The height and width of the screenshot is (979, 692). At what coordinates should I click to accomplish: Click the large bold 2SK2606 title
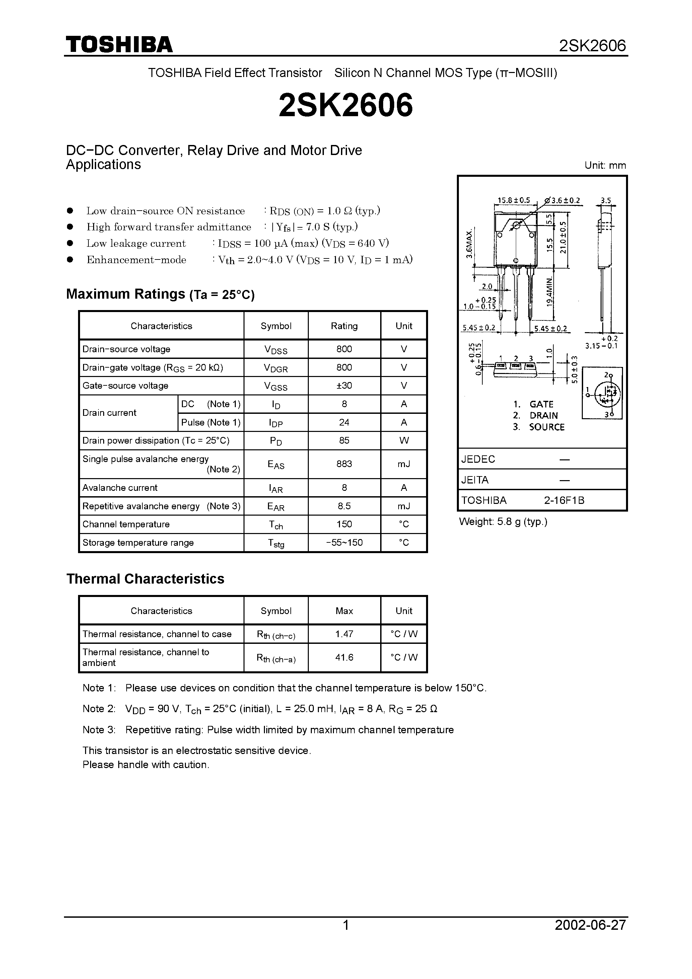(x=346, y=105)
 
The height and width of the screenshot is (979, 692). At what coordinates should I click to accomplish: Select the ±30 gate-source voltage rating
(x=344, y=385)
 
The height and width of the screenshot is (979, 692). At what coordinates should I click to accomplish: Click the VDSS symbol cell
(x=276, y=350)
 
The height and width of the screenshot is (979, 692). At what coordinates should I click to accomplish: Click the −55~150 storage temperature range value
(x=344, y=542)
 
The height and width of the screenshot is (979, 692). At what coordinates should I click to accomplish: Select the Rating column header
(x=344, y=326)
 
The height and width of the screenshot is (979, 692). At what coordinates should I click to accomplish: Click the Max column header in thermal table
(x=344, y=611)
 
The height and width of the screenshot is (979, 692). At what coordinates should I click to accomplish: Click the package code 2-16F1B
(x=564, y=500)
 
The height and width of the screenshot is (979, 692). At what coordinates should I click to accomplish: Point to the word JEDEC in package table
(x=478, y=459)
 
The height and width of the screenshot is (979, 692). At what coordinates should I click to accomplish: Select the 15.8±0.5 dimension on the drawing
(x=514, y=200)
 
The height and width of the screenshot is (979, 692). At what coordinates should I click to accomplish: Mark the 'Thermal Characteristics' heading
(x=145, y=579)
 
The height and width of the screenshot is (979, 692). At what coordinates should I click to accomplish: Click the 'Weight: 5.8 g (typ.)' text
(x=503, y=522)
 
